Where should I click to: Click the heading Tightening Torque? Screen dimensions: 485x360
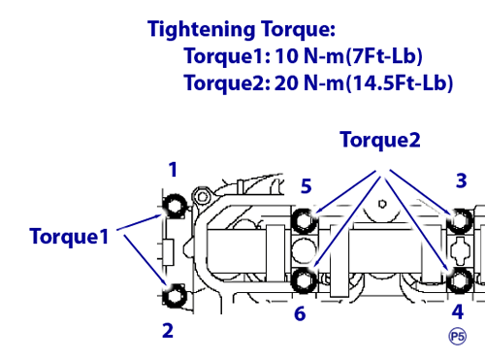[242, 29]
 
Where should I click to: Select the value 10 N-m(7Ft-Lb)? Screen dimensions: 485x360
[348, 56]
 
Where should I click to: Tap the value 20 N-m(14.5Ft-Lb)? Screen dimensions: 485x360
[364, 82]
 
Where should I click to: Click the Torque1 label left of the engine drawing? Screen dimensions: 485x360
[69, 237]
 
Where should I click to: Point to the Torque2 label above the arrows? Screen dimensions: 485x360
[380, 141]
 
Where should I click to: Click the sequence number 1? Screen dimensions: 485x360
[174, 170]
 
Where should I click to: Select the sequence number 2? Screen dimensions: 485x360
[168, 330]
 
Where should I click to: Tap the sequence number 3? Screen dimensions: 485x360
[462, 180]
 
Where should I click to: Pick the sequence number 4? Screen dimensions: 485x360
[458, 311]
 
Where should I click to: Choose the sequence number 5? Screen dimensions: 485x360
[307, 186]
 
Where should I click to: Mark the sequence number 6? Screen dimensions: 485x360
[300, 313]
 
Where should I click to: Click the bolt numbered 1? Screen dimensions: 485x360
[175, 206]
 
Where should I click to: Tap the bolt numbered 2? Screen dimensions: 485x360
[175, 296]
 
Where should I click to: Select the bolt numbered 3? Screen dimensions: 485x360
[460, 221]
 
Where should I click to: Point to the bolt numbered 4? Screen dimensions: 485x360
[460, 280]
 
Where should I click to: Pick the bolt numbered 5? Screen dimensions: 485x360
[305, 221]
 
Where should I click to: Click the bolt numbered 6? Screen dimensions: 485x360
[305, 280]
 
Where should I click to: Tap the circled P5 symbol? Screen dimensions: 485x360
[458, 337]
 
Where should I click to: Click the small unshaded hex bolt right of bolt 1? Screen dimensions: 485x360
[203, 197]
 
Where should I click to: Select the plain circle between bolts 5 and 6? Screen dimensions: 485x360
[304, 250]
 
